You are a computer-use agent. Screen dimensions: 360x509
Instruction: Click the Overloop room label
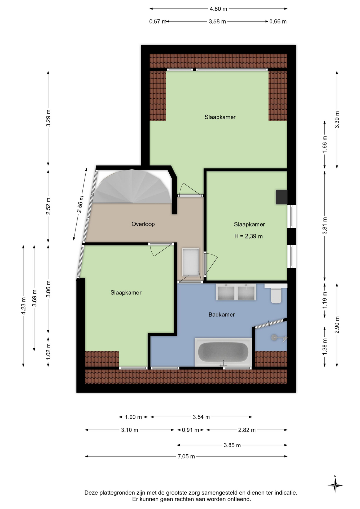pos(143,224)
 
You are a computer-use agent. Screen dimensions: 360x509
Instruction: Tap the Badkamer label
pos(222,315)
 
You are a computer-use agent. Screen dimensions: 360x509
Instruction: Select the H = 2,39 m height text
pos(248,236)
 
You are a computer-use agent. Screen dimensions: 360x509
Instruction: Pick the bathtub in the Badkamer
pos(223,352)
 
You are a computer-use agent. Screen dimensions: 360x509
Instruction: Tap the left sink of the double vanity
pos(226,292)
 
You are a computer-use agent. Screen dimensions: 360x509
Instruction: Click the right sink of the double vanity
pos(246,292)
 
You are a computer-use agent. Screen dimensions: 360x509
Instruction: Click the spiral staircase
pos(133,187)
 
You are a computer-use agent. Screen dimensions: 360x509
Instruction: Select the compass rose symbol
pos(335,485)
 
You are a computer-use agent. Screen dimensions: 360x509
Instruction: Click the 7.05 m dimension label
pos(186,456)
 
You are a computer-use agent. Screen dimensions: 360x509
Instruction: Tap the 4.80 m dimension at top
pos(218,9)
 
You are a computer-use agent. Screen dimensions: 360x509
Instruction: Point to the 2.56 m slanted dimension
pos(80,204)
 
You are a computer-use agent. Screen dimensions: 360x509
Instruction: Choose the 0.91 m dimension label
pos(190,430)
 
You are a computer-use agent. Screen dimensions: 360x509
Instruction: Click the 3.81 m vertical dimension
pos(324,226)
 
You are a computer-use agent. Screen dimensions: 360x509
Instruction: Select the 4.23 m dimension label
pos(23,306)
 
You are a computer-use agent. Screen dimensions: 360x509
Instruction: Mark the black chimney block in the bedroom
pos(282,197)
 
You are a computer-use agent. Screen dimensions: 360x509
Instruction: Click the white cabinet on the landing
pos(190,262)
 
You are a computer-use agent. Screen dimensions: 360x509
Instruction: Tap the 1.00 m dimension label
pos(133,417)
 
